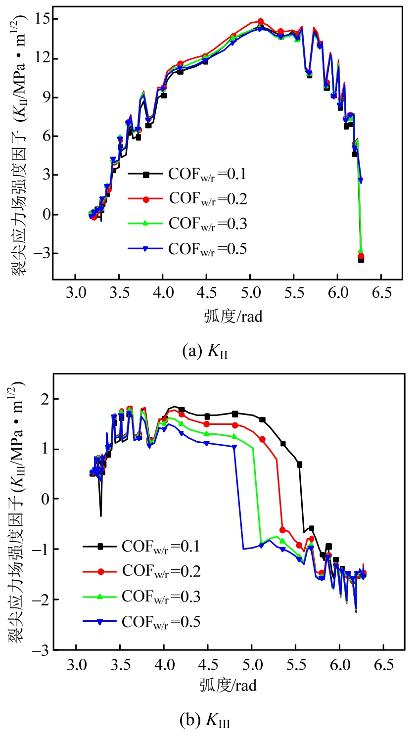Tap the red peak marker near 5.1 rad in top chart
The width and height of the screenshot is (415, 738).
point(261,22)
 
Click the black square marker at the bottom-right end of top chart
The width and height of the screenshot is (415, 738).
point(361,259)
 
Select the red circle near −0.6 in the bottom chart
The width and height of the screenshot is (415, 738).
point(282,530)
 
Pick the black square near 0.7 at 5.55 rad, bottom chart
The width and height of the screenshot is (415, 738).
point(300,464)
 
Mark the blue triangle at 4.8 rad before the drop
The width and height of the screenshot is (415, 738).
point(234,447)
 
